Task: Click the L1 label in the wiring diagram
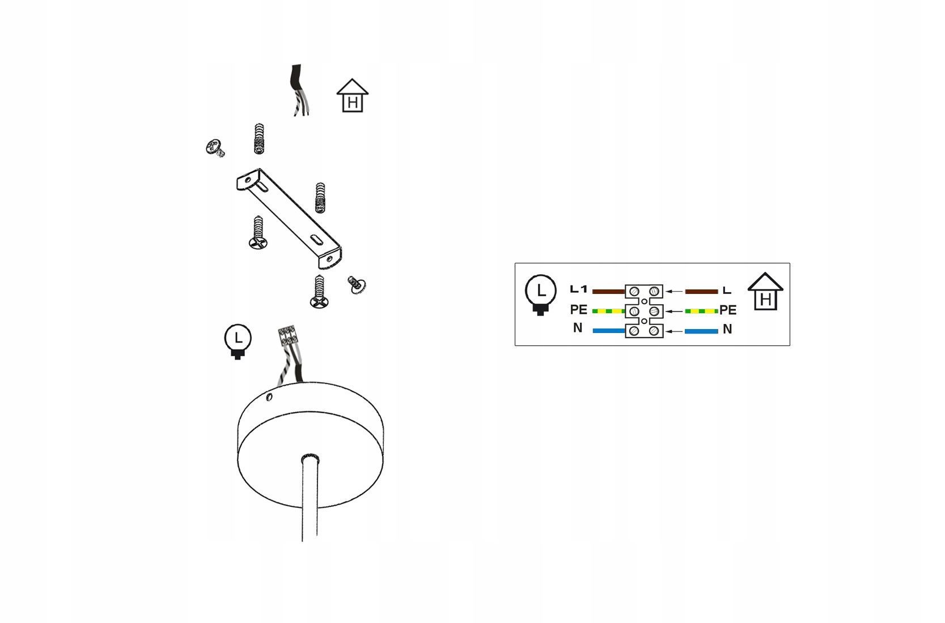pos(578,289)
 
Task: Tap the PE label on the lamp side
pos(578,310)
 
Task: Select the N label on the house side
pos(727,330)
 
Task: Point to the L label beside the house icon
pos(727,291)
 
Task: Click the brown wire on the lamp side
pos(608,292)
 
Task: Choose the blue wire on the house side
pos(701,331)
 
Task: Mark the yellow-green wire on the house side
pos(701,311)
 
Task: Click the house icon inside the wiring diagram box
pos(765,292)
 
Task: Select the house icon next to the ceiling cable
pos(353,96)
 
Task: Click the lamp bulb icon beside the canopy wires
pos(238,342)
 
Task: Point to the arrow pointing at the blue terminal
pos(674,331)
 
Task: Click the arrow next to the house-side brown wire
pos(674,292)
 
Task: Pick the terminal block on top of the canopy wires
pos(287,335)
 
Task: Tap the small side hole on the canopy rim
pos(269,397)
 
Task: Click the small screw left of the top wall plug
pos(215,148)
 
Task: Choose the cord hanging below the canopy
pos(310,498)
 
